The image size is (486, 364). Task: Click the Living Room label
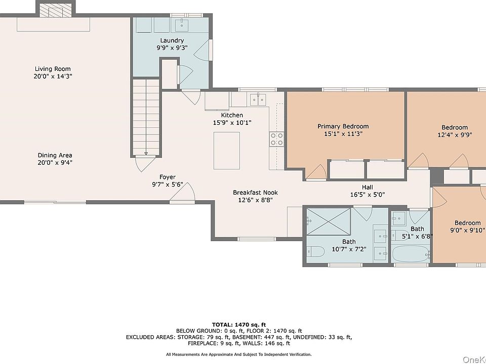(53, 69)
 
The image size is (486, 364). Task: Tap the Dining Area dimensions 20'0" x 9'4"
(55, 162)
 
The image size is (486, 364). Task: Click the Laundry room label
(172, 40)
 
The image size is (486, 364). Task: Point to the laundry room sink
(183, 25)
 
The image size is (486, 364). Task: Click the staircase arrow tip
(146, 154)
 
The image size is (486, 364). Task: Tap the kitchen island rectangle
(227, 151)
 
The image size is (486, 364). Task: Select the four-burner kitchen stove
(276, 139)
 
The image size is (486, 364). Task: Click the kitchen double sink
(258, 100)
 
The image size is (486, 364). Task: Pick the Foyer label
(168, 177)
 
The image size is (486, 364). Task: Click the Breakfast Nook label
(255, 193)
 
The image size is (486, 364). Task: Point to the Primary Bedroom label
(343, 126)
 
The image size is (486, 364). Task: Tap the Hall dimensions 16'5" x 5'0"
(368, 195)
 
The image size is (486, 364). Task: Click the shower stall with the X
(329, 221)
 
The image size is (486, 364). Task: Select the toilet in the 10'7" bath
(315, 251)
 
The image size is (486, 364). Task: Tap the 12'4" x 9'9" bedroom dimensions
(455, 135)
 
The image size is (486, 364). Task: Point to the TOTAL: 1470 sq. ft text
(239, 325)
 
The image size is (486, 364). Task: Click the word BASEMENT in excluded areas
(246, 337)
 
